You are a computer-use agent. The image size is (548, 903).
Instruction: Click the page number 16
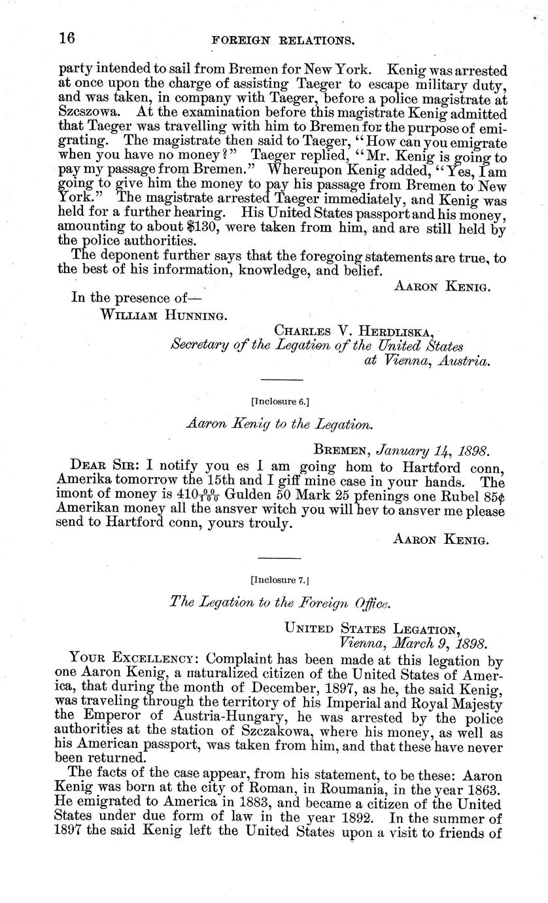[x=67, y=37]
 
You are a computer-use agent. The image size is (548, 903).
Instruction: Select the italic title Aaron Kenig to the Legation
[x=279, y=424]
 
